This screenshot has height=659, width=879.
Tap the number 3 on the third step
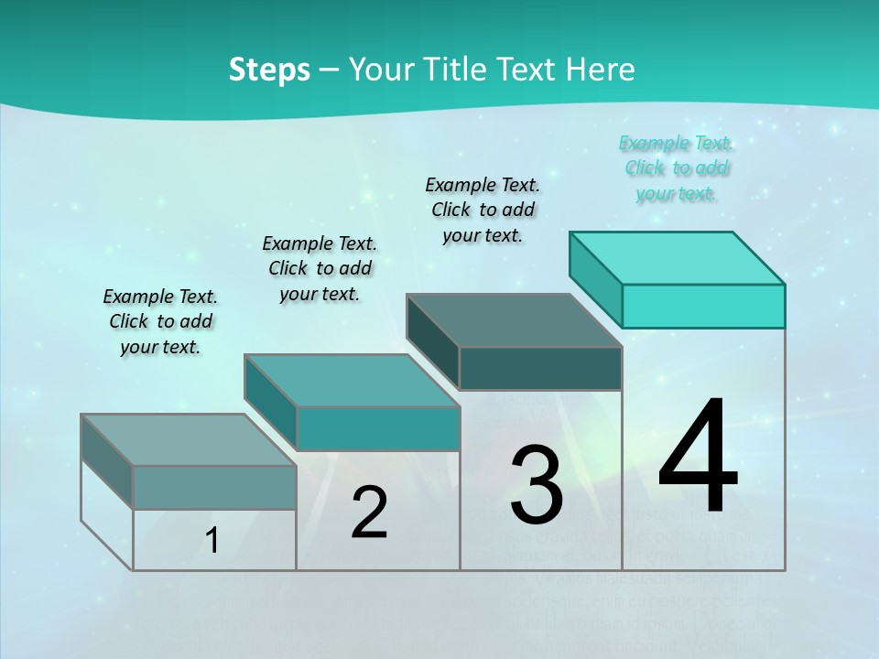536,484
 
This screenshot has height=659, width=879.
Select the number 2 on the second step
369,513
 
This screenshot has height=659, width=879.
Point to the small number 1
212,541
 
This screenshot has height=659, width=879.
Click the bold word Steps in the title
269,70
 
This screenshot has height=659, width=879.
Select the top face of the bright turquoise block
678,257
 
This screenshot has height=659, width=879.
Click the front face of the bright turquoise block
703,306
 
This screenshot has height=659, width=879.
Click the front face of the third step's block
540,368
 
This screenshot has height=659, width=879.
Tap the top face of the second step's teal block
352,381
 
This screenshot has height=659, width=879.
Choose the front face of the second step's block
377,428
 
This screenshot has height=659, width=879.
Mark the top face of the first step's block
189,440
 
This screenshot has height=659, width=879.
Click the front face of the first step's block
214,487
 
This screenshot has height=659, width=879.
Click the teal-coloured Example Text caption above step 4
676,168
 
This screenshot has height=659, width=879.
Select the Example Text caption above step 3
483,210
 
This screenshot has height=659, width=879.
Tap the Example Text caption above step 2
320,268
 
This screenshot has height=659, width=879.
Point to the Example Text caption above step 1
160,321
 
